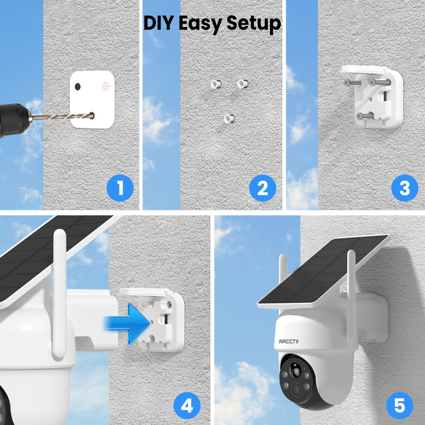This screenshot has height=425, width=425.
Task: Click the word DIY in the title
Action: [159, 23]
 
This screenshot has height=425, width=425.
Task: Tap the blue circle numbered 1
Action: [120, 188]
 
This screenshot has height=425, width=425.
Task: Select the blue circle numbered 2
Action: [262, 188]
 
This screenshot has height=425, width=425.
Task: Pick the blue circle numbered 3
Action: [405, 188]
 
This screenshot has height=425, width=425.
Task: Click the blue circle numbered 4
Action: [187, 406]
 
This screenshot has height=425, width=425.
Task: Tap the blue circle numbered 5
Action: [399, 406]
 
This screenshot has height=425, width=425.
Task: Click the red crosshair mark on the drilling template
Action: [106, 86]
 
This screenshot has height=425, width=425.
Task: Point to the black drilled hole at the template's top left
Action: [78, 86]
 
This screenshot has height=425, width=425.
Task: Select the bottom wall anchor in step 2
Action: [229, 118]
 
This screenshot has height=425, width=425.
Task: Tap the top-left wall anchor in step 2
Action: [216, 84]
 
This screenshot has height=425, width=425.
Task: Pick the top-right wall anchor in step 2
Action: [243, 84]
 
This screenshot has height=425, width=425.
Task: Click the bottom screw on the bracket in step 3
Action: [360, 116]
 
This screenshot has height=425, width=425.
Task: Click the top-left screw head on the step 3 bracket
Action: [346, 83]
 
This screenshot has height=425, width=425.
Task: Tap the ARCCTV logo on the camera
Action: [288, 341]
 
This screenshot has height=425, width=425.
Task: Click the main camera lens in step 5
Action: [296, 389]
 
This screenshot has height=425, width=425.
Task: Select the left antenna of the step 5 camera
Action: [283, 268]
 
